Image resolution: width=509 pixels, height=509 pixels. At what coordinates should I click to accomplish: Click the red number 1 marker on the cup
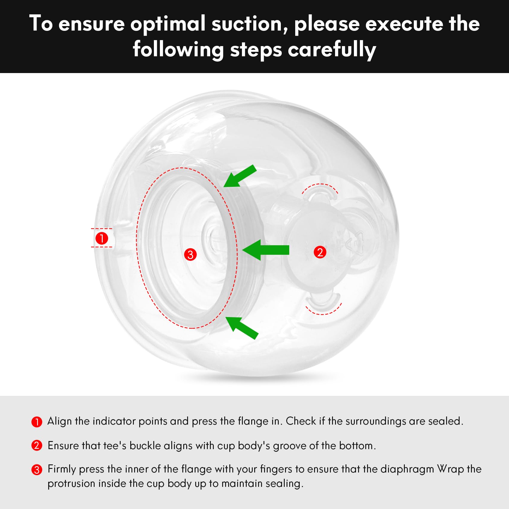pyautogui.click(x=102, y=238)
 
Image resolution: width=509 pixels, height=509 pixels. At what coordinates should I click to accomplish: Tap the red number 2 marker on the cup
pyautogui.click(x=320, y=252)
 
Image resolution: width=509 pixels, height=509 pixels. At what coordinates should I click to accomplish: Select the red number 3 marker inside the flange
pyautogui.click(x=190, y=255)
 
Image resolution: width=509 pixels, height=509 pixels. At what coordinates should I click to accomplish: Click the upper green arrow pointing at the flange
pyautogui.click(x=240, y=176)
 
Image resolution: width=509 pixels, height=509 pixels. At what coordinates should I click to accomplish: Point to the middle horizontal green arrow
pyautogui.click(x=266, y=250)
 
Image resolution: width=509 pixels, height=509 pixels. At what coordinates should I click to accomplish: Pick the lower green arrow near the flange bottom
pyautogui.click(x=242, y=328)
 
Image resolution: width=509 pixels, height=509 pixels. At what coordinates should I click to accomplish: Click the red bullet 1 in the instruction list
pyautogui.click(x=37, y=422)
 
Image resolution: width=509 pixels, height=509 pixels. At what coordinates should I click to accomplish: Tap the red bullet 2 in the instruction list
pyautogui.click(x=37, y=446)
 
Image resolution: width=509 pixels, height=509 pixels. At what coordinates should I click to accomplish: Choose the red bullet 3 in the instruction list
pyautogui.click(x=37, y=469)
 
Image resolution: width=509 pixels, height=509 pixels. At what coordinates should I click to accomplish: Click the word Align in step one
pyautogui.click(x=60, y=421)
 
